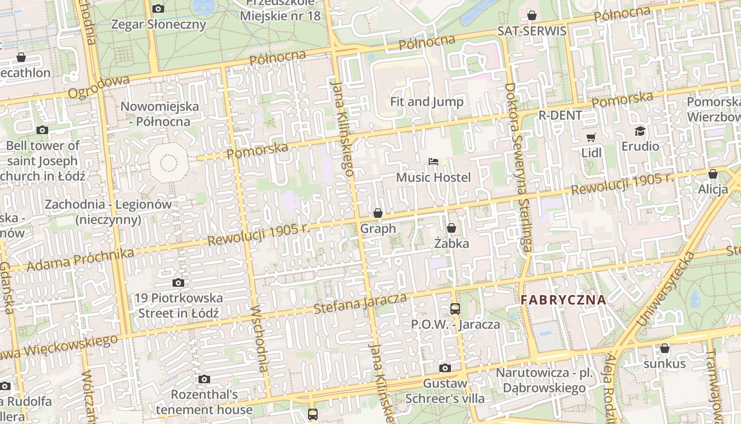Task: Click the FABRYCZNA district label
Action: coord(563,299)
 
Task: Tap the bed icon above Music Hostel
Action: coord(433,161)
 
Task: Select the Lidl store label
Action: coord(591,153)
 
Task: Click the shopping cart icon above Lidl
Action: coord(591,138)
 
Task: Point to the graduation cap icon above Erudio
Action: coord(640,131)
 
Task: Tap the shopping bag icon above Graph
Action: coord(377,213)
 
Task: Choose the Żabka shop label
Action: coord(451,243)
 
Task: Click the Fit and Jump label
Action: coord(427,102)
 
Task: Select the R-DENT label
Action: coord(560,115)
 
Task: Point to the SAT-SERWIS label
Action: coord(531,31)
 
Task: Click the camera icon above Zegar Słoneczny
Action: coord(158,8)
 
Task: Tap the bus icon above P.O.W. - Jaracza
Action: coord(455,308)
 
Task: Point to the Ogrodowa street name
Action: coord(98,87)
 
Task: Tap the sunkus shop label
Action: coord(664,364)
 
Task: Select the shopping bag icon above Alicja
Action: coord(712,174)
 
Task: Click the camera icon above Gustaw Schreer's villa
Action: coord(445,368)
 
